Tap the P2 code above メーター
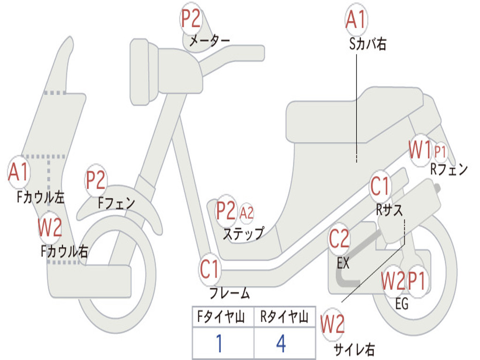191,19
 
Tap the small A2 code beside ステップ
247,213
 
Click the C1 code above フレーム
210,270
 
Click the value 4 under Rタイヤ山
281,344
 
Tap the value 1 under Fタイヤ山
219,344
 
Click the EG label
402,304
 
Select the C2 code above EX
339,240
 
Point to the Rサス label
389,210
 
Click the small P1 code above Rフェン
440,152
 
